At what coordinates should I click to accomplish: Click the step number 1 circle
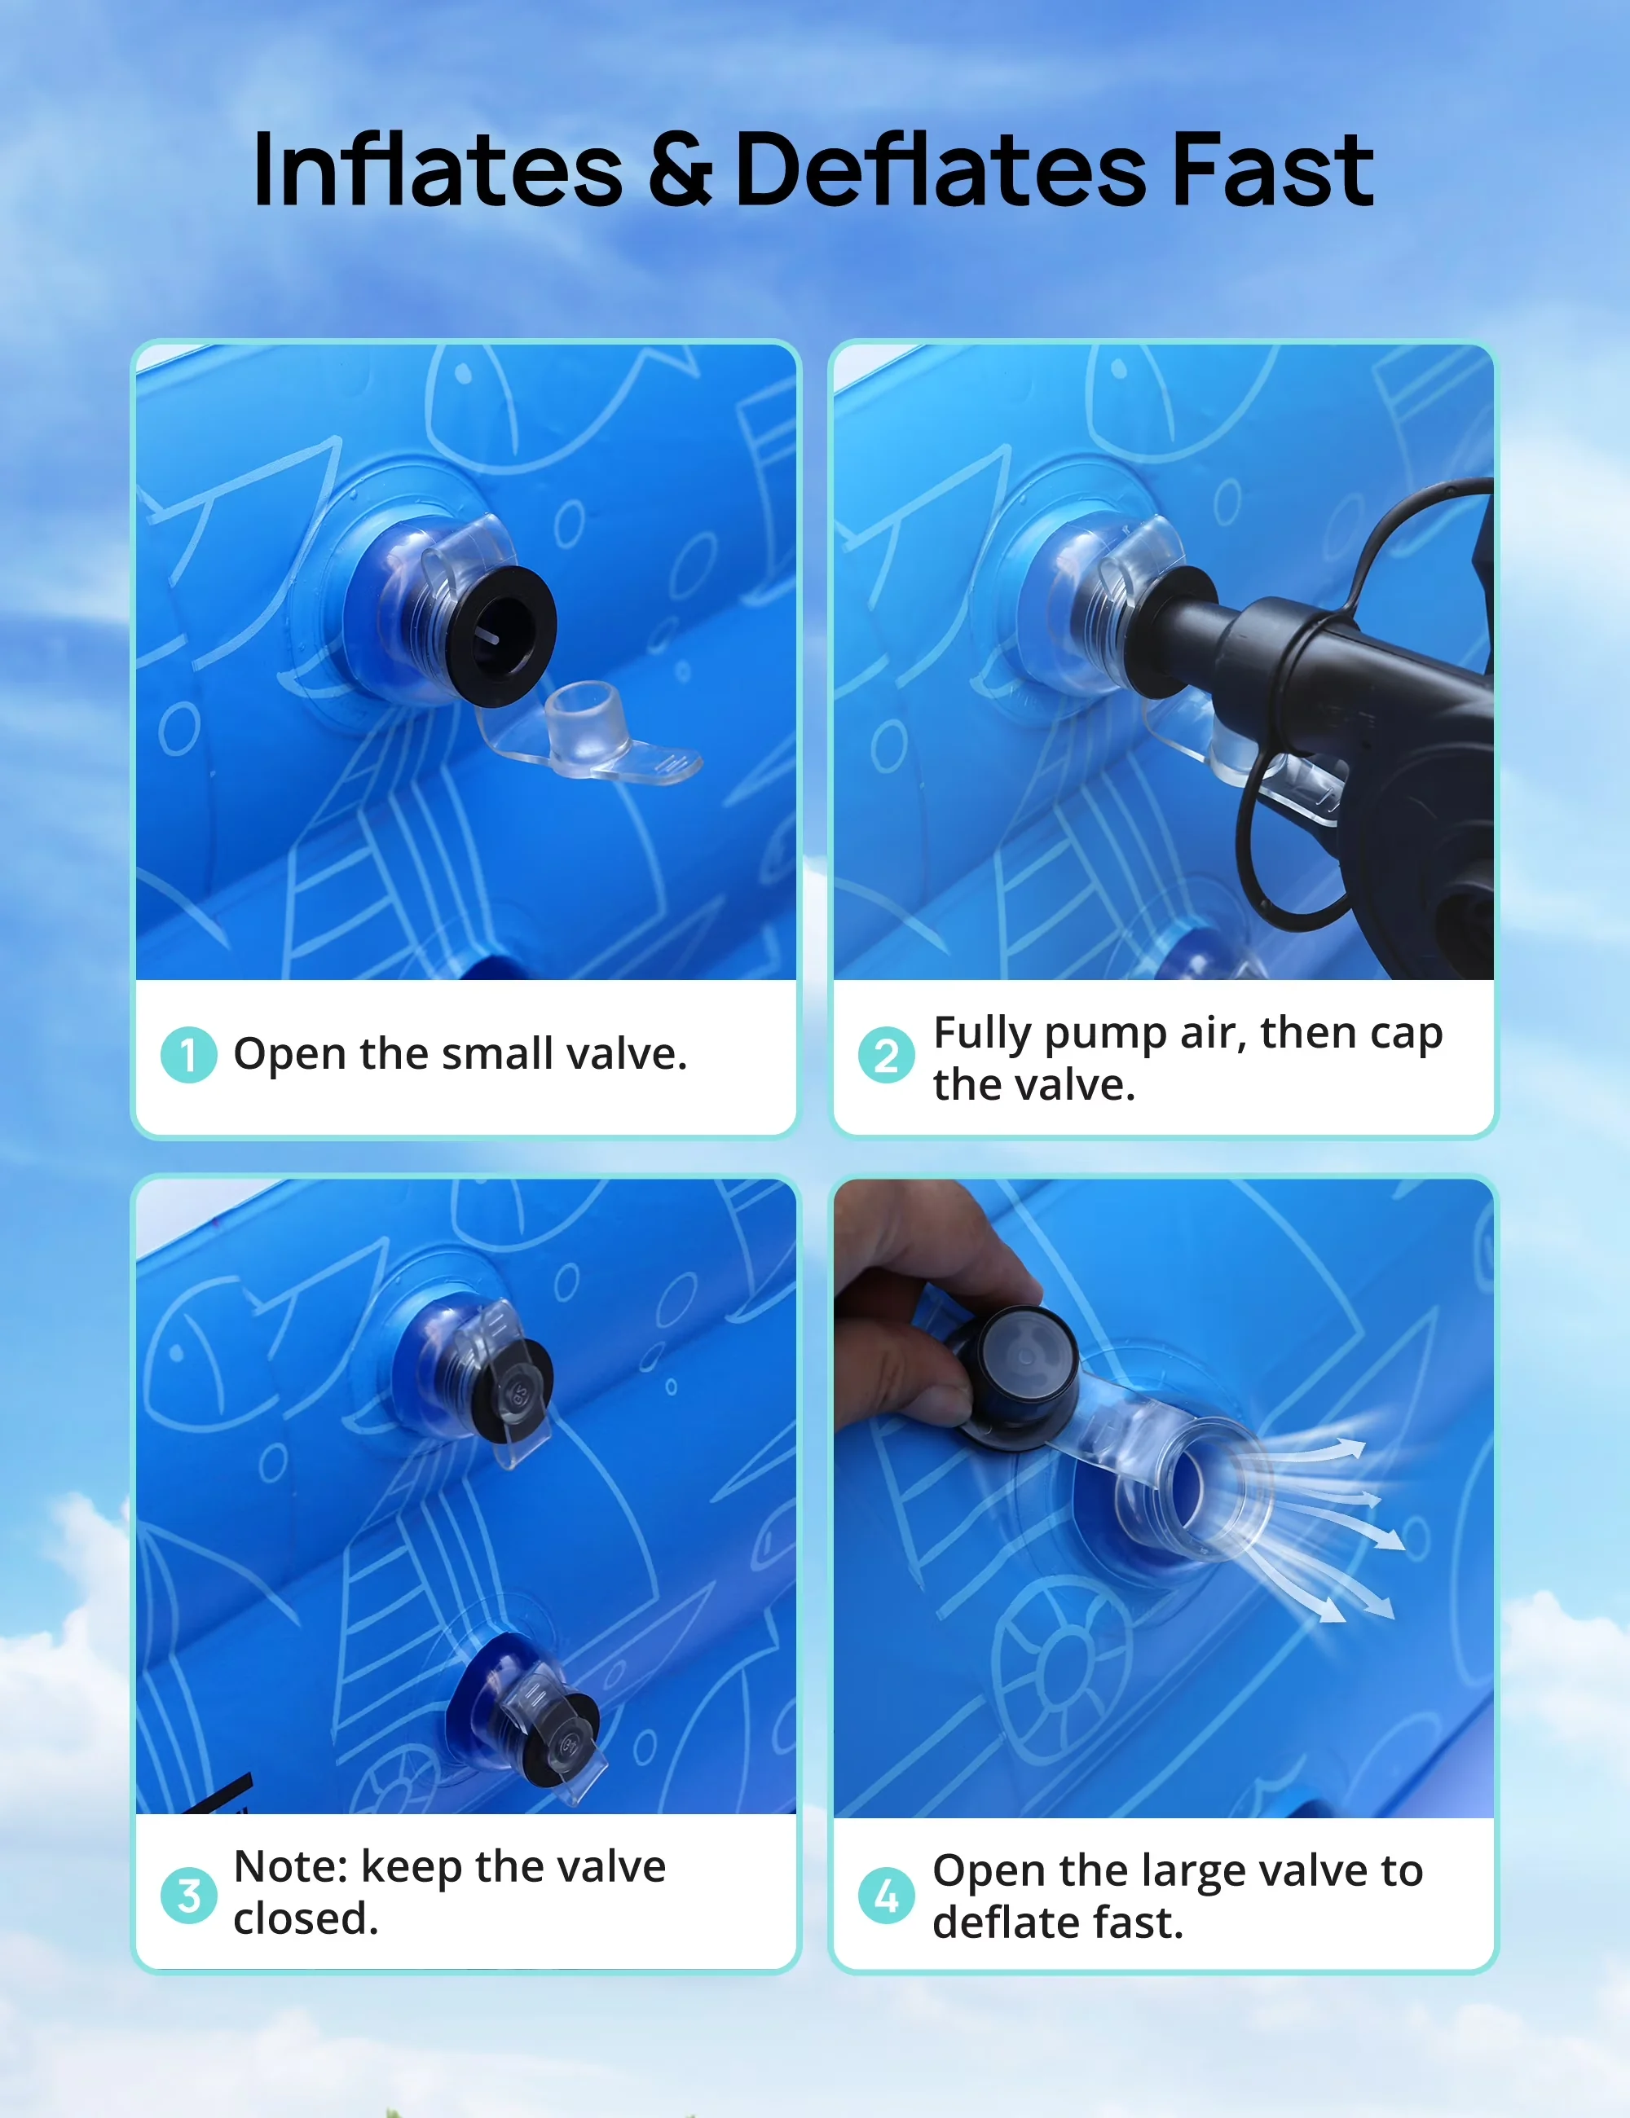tap(188, 1055)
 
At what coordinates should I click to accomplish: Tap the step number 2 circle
tap(886, 1055)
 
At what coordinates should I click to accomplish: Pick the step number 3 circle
tap(188, 1896)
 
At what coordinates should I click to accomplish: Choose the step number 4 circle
tap(886, 1896)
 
